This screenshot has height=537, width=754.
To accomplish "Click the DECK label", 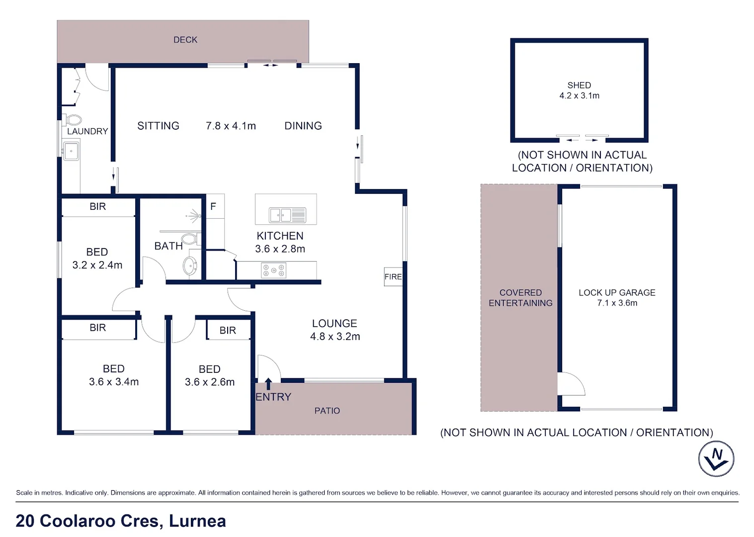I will click(185, 40).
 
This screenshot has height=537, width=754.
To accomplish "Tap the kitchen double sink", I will click(287, 215).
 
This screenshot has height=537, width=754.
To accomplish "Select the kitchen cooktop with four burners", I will click(274, 270).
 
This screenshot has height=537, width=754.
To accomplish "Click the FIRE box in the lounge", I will click(393, 277).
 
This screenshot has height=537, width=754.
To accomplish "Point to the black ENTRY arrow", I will click(268, 383).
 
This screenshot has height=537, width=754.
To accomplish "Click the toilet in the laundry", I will click(74, 120).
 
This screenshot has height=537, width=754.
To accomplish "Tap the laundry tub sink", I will click(71, 151).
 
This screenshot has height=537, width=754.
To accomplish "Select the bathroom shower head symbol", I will click(195, 216).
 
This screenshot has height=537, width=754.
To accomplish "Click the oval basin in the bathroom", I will click(190, 266).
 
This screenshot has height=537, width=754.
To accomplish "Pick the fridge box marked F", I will click(214, 206).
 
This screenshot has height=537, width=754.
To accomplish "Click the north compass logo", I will click(716, 458).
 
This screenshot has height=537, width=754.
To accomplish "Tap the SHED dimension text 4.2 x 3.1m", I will click(579, 96).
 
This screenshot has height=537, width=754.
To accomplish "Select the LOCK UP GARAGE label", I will click(617, 292).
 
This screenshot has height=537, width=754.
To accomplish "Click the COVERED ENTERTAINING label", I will click(520, 298).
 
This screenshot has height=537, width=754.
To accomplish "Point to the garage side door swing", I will click(571, 384).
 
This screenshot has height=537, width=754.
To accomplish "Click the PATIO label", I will click(327, 411).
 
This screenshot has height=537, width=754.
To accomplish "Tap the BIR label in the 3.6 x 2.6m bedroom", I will click(228, 330).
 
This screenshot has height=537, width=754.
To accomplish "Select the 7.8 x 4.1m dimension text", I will click(231, 126).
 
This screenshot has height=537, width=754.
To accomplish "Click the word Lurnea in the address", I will click(197, 521).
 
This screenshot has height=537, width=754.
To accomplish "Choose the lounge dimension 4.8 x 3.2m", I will click(335, 337).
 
